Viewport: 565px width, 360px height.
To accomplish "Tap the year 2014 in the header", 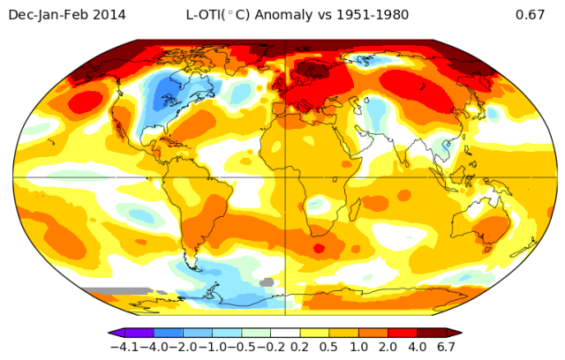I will click(109, 15).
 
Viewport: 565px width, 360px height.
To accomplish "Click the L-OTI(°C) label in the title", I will click(217, 15).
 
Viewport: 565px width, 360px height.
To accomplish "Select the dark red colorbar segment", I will click(433, 334).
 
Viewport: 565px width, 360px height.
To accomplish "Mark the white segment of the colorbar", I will click(285, 334).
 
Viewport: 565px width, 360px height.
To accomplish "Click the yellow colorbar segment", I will click(314, 334).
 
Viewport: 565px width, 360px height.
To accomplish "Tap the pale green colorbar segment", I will click(256, 334).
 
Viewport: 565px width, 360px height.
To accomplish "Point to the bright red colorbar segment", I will click(403, 334).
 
